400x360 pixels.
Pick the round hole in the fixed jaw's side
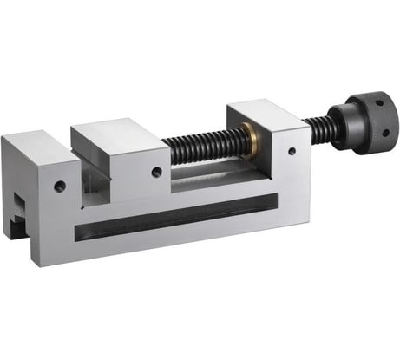60,185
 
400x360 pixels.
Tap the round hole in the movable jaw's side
156,173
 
